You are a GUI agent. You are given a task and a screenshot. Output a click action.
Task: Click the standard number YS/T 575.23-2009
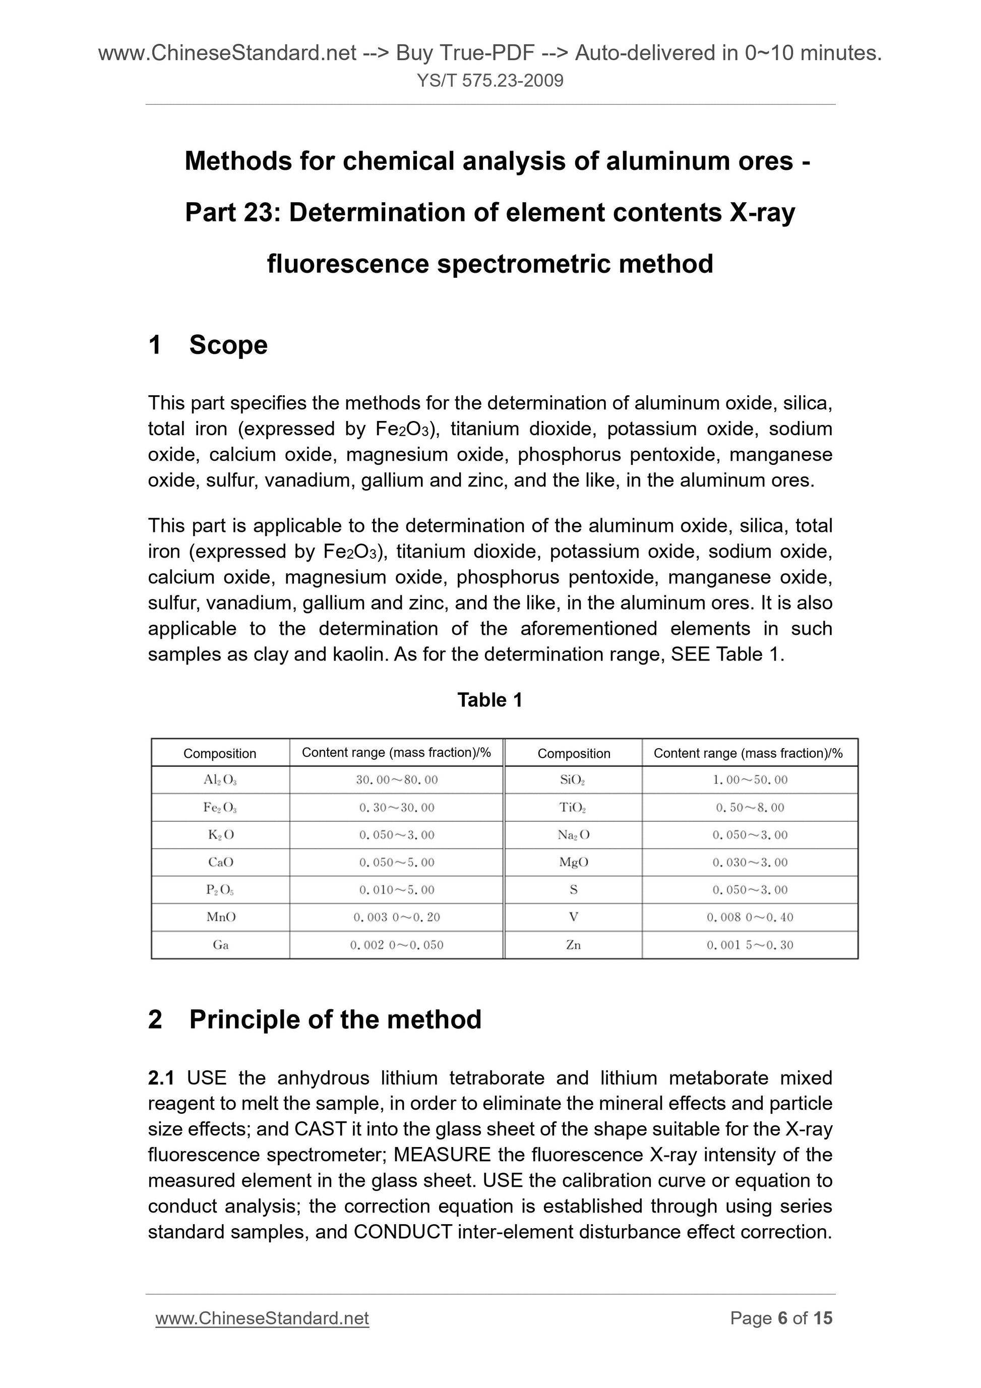click(x=489, y=80)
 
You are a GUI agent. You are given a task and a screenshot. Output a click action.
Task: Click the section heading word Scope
click(x=228, y=345)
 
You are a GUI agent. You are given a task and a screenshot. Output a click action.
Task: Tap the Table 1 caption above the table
click(x=489, y=700)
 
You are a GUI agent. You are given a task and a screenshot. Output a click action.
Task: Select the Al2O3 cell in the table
click(x=220, y=780)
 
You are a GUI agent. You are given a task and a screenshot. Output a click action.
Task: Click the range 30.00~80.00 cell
click(x=397, y=780)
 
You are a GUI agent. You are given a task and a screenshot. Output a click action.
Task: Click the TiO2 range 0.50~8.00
click(x=750, y=808)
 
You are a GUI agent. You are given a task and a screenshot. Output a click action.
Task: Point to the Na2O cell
click(x=573, y=835)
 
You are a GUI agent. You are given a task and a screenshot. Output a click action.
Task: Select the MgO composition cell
click(x=573, y=863)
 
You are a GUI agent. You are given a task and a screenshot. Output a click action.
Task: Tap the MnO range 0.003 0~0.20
click(x=397, y=917)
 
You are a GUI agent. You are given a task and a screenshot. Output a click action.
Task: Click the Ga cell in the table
click(x=220, y=945)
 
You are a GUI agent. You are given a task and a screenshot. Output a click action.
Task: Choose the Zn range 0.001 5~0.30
click(x=750, y=945)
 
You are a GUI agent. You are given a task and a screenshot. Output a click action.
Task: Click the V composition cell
click(x=573, y=917)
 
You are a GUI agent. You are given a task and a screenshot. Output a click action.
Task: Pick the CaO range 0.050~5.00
click(x=397, y=863)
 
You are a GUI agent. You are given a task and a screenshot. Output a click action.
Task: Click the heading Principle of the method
click(x=335, y=1020)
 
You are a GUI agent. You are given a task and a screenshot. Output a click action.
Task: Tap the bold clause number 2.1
click(x=161, y=1078)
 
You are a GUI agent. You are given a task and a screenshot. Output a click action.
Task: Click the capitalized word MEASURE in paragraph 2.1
click(x=442, y=1155)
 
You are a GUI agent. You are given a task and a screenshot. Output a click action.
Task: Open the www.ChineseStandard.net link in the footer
click(x=262, y=1318)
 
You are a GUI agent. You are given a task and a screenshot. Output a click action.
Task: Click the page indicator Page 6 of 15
click(x=780, y=1318)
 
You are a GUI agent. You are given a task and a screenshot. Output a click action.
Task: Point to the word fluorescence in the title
click(x=347, y=264)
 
